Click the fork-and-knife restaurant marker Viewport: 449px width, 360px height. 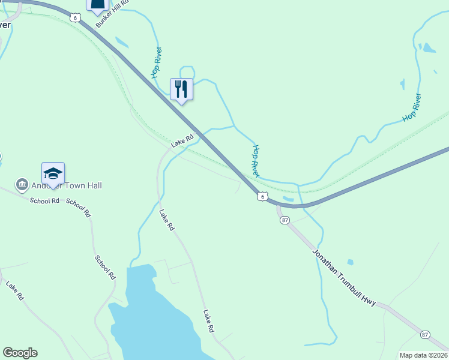181,89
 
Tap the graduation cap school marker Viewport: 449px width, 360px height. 53,173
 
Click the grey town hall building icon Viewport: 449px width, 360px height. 22,184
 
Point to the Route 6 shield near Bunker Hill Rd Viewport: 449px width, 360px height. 74,17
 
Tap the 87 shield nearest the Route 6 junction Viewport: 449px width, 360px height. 285,220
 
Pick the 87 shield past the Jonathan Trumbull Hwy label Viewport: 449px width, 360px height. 425,334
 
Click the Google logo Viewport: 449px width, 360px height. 20,353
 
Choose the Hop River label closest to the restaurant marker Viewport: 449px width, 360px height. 157,62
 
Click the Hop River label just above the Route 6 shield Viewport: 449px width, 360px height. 255,161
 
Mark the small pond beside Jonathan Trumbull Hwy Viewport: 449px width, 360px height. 350,262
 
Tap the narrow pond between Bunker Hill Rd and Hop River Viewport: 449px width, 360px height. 121,42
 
